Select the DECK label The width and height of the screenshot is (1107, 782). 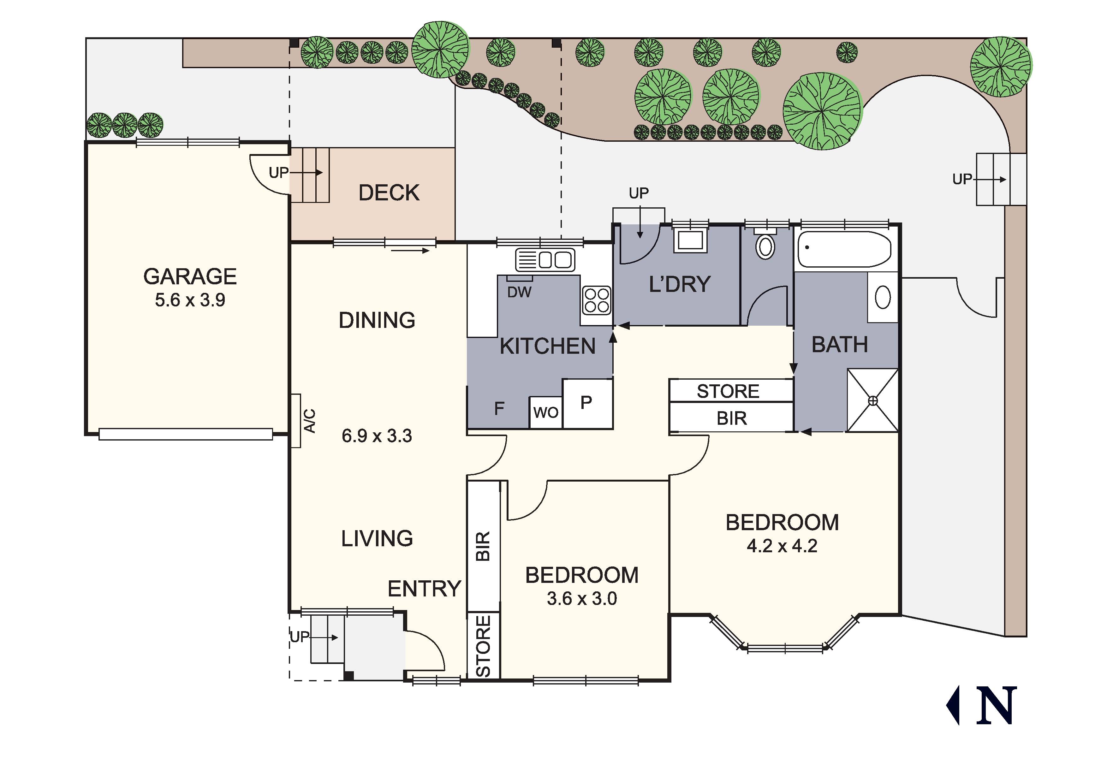(389, 193)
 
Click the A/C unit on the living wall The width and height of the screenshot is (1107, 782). (296, 420)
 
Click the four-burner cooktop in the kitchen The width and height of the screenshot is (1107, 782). (596, 300)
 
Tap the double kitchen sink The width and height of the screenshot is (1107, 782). (546, 260)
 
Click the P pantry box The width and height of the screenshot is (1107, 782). (586, 402)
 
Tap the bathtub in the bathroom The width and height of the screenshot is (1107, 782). (844, 249)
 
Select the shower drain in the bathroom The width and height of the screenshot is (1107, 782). (873, 401)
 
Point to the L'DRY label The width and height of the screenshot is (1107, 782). (680, 284)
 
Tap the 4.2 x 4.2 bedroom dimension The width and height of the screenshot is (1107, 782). (782, 546)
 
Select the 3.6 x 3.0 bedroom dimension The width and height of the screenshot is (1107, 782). (582, 599)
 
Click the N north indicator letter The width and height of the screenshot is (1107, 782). (997, 706)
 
